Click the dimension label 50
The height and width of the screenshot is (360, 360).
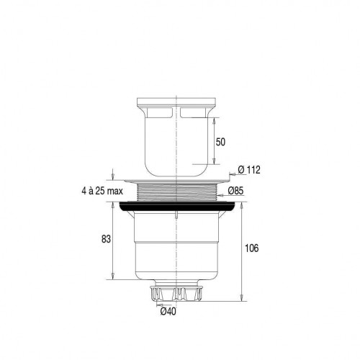[220, 142]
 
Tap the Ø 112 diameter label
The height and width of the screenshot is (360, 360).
[249, 170]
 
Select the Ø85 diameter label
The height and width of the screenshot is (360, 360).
[235, 191]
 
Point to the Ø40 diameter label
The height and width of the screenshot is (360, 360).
[168, 312]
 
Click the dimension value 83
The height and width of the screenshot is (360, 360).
[106, 239]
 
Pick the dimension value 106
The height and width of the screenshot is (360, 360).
[252, 248]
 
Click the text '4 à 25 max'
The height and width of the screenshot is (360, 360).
[102, 191]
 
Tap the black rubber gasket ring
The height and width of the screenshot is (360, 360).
[176, 207]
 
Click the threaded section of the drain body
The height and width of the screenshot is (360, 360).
[176, 192]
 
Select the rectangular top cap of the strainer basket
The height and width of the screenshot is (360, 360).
[176, 102]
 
